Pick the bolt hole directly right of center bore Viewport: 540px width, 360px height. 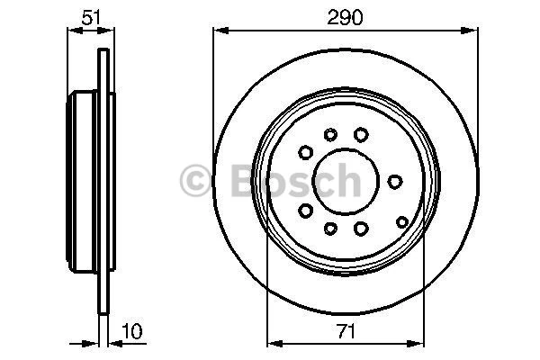tap(394, 181)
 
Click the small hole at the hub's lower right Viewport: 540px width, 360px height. tap(401, 220)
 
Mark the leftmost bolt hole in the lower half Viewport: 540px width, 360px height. tap(305, 210)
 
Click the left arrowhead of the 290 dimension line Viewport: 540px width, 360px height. tap(218, 30)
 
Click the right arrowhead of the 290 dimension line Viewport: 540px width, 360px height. tap(472, 30)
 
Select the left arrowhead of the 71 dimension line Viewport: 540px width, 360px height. tap(274, 340)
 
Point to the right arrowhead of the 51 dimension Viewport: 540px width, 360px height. tap(108, 30)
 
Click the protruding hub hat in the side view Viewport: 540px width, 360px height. tap(80, 180)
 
